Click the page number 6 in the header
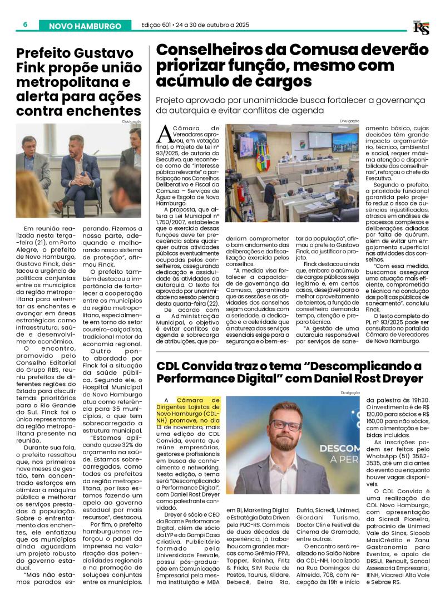pyautogui.click(x=26, y=25)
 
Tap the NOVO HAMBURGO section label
pyautogui.click(x=85, y=26)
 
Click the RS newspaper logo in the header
pyautogui.click(x=421, y=27)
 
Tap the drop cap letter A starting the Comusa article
pyautogui.click(x=164, y=134)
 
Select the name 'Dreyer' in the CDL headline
pyautogui.click(x=396, y=379)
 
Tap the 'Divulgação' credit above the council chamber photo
pyautogui.click(x=349, y=121)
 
